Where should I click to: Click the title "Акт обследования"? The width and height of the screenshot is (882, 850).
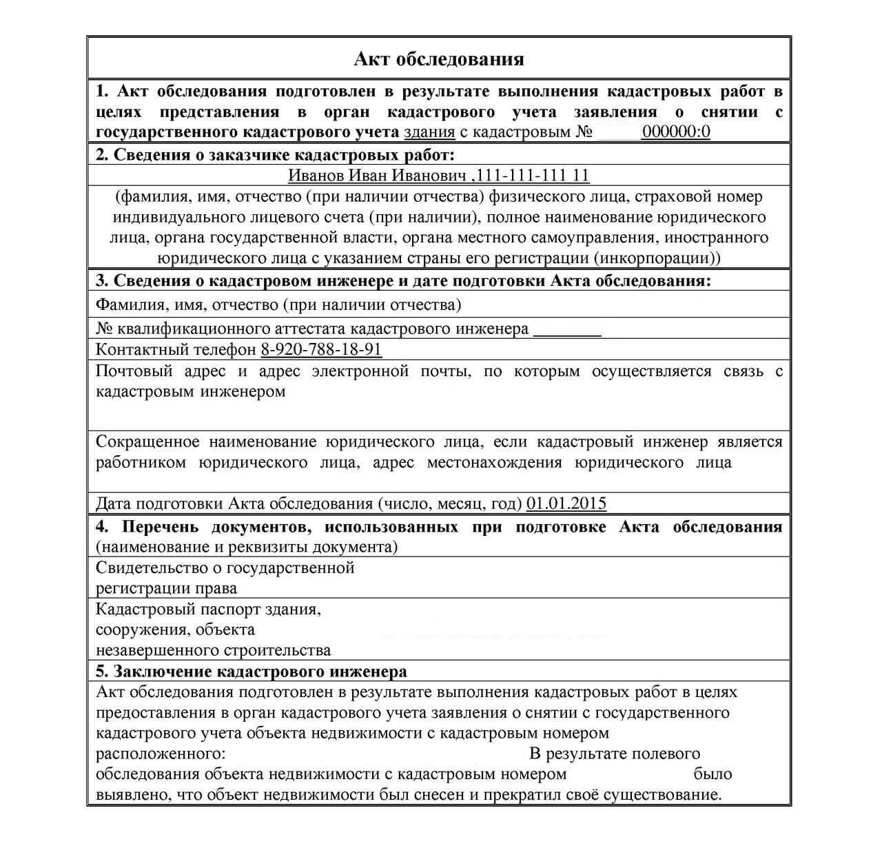tap(439, 59)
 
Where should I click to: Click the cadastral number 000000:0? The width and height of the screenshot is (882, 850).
tap(675, 132)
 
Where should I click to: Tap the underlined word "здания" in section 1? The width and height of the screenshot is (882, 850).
tap(429, 132)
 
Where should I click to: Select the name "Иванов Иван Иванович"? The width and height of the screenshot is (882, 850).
tap(378, 176)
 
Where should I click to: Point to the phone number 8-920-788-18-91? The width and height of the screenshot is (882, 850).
tap(321, 350)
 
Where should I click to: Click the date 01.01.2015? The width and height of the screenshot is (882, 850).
tap(566, 504)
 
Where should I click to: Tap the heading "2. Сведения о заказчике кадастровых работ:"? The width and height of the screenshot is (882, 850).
tap(275, 154)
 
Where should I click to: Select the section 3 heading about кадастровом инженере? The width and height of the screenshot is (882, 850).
tap(403, 281)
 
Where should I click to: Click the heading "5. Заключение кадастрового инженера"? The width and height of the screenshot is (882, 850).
tap(251, 672)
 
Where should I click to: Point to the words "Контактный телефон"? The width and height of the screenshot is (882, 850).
tap(176, 350)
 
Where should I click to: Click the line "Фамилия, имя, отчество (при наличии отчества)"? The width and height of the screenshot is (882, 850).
tap(278, 304)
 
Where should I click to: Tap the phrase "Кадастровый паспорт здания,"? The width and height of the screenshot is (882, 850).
tap(208, 610)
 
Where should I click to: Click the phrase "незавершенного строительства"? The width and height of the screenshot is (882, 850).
tap(213, 650)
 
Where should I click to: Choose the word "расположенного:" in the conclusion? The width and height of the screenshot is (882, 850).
tap(161, 754)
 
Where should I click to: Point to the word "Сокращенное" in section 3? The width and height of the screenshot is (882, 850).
tap(147, 442)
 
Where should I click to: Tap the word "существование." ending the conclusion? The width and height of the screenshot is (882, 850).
tap(662, 795)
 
